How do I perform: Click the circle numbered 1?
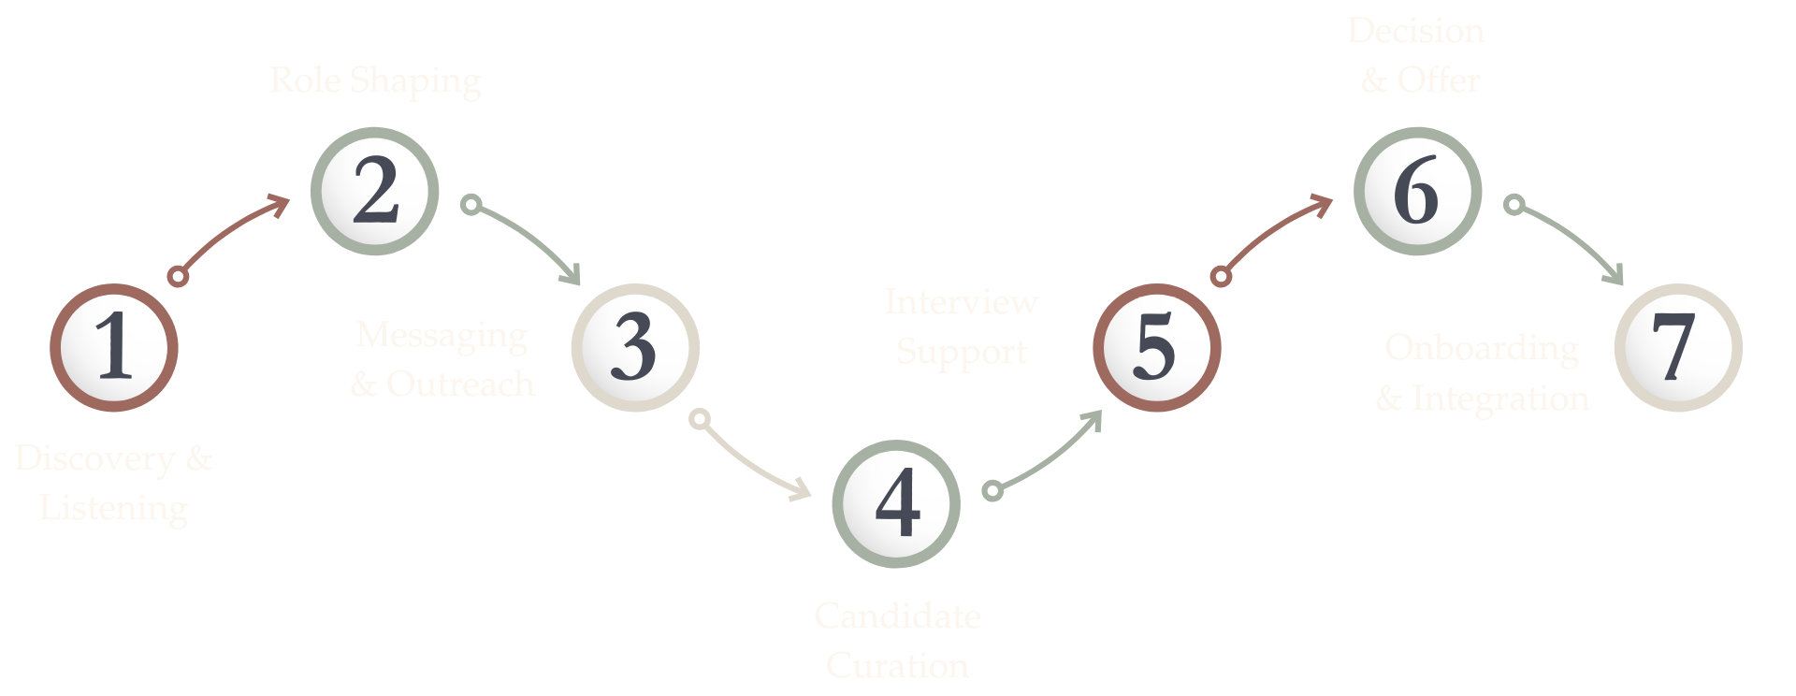(114, 347)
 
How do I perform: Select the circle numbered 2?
(374, 191)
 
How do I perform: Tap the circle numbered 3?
(635, 347)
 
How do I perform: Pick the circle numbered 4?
(896, 503)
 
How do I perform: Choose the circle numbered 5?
(1156, 347)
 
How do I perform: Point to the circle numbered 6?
(1417, 191)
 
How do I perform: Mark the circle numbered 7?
(1678, 347)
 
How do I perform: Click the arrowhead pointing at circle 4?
(801, 489)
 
